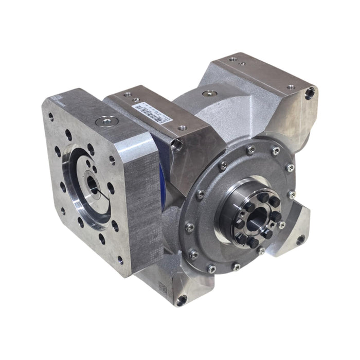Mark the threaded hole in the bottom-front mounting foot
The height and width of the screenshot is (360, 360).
181,300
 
